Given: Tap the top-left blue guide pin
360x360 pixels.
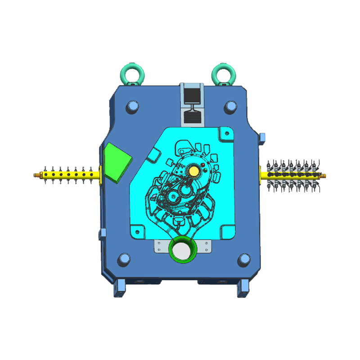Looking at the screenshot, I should pos(132,107).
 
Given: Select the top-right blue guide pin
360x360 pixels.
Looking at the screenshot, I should pos(231,106).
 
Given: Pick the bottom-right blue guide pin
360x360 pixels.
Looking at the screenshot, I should pos(244,259).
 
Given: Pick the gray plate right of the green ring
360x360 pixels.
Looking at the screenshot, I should pos(205,246).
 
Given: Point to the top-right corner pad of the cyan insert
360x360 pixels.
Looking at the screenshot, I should pos(225,134).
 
